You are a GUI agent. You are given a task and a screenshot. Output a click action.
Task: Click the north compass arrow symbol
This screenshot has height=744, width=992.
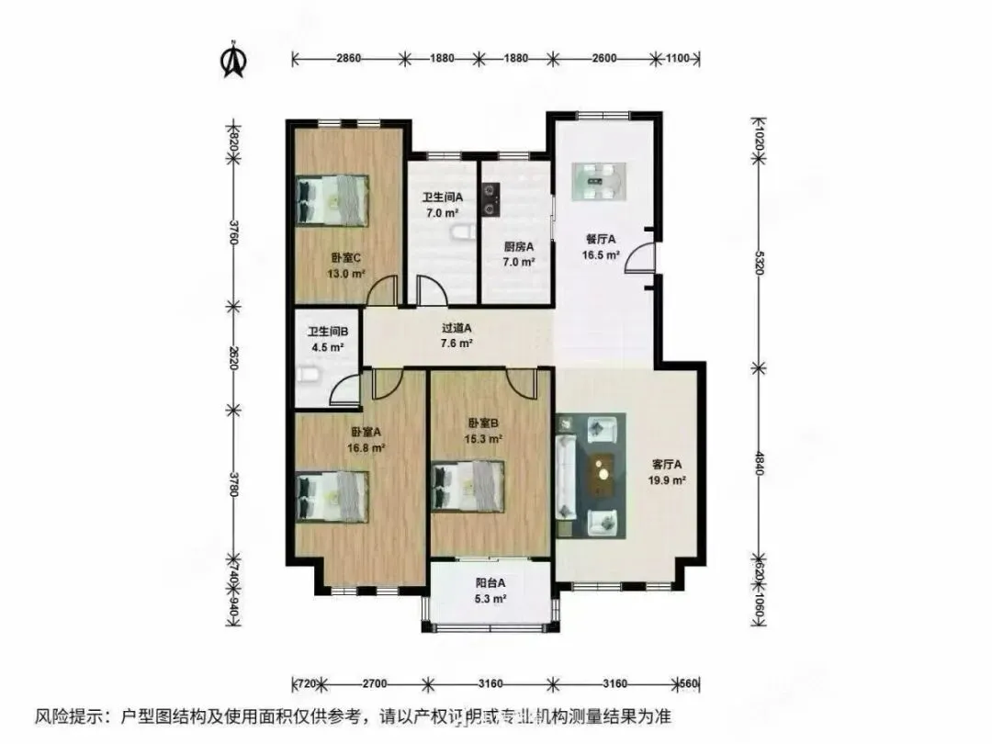coord(233,58)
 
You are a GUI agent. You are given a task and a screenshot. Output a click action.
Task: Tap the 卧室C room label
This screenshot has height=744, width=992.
coord(346,258)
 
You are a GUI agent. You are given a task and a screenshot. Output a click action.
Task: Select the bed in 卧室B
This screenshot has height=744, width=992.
coord(468,486)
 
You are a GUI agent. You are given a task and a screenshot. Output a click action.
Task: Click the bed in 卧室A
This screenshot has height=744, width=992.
coord(333,497)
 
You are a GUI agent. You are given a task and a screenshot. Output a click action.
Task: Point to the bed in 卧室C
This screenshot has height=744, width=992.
coord(333,200)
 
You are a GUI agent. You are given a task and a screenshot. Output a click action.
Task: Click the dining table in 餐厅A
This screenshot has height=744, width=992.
coord(599,182)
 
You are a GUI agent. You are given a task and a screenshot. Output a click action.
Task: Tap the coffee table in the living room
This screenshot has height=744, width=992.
coord(603,475)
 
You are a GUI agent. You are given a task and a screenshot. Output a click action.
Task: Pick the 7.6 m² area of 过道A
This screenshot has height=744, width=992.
coord(457,344)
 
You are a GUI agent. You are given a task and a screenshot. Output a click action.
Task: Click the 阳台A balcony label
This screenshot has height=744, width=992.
coord(490,582)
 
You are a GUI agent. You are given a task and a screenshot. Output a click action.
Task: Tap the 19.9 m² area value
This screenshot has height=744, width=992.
coord(667,480)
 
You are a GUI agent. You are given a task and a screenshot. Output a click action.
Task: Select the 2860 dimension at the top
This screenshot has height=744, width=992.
coord(349,58)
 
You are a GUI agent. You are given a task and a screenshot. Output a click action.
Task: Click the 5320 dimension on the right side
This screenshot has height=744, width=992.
coord(760,264)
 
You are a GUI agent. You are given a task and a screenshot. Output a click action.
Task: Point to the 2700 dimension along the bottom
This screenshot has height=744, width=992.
coord(375,683)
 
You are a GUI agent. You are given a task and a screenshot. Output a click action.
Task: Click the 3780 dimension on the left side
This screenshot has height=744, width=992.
coord(233,484)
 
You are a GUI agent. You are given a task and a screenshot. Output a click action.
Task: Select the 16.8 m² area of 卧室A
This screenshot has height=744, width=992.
coord(366,448)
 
